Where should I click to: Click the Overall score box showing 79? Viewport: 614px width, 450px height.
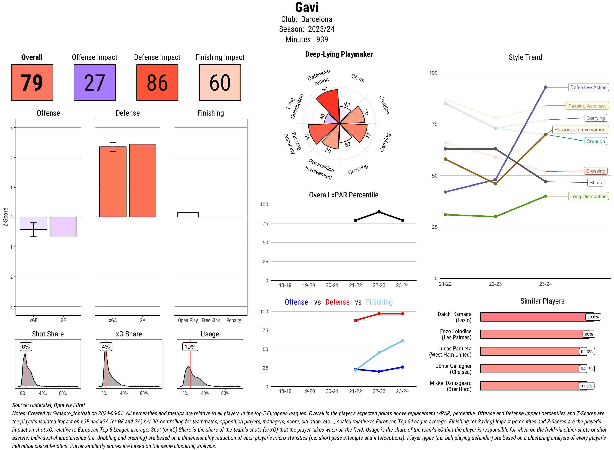point(32,83)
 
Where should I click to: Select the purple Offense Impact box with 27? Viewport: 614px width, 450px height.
point(95,83)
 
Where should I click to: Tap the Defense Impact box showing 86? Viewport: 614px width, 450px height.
point(157,83)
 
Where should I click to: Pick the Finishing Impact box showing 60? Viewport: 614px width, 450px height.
point(220,83)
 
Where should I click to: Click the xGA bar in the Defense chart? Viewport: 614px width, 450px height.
point(113,182)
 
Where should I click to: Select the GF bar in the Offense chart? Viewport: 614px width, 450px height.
point(63,226)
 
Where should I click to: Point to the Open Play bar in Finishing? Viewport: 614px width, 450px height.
point(188,215)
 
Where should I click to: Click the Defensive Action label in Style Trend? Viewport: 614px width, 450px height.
point(588,87)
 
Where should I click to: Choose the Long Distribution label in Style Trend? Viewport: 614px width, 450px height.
point(588,196)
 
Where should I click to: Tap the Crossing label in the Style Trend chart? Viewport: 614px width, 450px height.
point(595,171)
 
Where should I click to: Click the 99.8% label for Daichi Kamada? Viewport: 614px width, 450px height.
point(593,317)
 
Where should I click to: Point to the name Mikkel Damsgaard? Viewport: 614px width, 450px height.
point(450,383)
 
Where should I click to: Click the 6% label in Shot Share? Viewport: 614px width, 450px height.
point(26,347)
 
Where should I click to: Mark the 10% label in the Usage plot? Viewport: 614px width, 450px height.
point(190,347)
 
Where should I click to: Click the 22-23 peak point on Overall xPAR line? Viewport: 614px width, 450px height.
point(379,212)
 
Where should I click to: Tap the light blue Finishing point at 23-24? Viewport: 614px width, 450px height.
point(402,341)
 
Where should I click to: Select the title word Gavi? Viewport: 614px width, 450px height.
point(307,7)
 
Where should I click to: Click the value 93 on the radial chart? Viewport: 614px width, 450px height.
point(324,89)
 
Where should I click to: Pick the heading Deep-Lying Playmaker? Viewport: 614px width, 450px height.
point(339,54)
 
